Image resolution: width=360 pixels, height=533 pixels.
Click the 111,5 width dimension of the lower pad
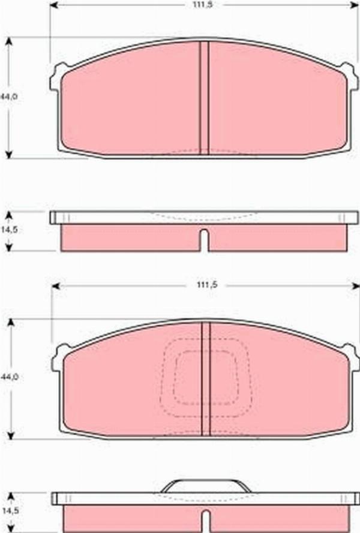[206, 285]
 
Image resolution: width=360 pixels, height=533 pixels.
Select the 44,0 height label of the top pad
[9, 97]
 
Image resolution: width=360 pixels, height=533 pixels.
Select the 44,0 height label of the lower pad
[9, 377]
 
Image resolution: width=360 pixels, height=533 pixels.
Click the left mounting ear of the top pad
[56, 78]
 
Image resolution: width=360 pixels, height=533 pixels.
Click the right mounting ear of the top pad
[350, 77]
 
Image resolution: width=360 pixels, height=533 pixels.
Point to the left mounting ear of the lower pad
[59, 358]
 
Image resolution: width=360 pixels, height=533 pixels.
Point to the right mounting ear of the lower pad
[351, 357]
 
